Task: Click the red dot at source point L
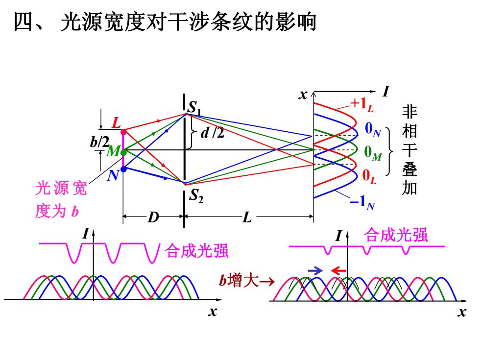tap(123, 132)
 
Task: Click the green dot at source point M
tap(123, 152)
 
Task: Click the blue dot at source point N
tap(123, 169)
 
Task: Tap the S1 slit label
tap(195, 108)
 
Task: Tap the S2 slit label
tap(196, 196)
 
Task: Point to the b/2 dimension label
tap(99, 142)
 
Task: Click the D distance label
tap(153, 217)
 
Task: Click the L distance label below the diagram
tap(247, 218)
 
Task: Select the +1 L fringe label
tap(362, 104)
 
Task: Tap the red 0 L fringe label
tap(369, 177)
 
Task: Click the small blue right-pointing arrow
tap(315, 270)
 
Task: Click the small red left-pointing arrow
tap(338, 270)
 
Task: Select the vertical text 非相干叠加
tap(409, 150)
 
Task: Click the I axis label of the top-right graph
tap(386, 91)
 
